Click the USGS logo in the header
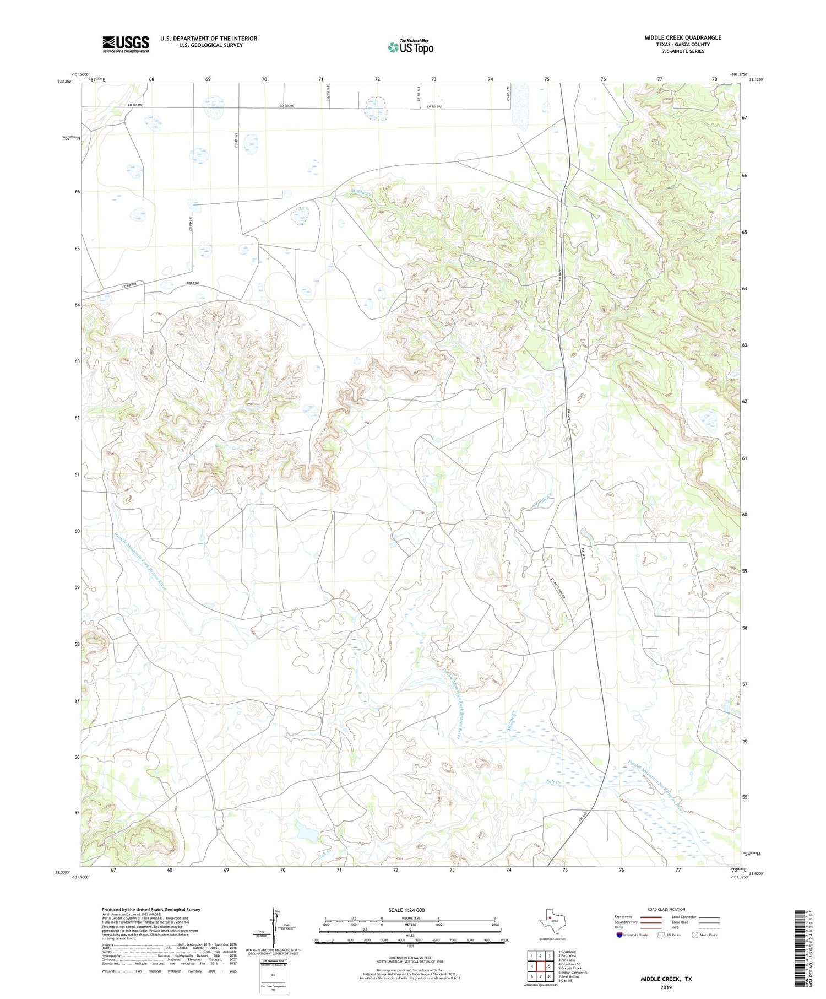[x=126, y=44]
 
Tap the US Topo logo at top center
[x=410, y=47]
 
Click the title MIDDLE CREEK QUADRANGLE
[x=683, y=37]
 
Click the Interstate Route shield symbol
[x=619, y=935]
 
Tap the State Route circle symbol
[x=695, y=935]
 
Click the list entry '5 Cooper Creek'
[x=570, y=968]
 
